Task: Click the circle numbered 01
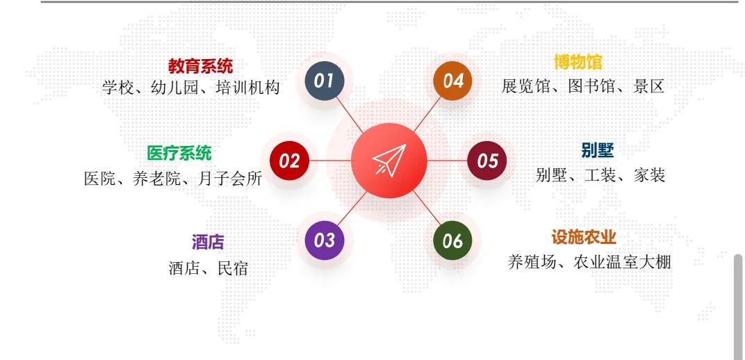[x=325, y=81]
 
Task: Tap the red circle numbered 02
[x=289, y=161]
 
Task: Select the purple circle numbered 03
[x=325, y=240]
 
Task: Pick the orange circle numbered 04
[x=453, y=81]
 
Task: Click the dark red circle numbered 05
[x=487, y=161]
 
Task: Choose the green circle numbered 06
[x=453, y=240]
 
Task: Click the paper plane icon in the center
[x=388, y=161]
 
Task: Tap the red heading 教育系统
[x=200, y=66]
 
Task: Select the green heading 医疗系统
[x=179, y=153]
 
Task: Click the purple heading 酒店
[x=208, y=242]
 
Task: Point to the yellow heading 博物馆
[x=578, y=62]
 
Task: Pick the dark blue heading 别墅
[x=597, y=150]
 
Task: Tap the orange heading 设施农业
[x=584, y=238]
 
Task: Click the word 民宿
[x=233, y=268]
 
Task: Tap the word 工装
[x=600, y=175]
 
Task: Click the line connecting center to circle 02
[x=330, y=161]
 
